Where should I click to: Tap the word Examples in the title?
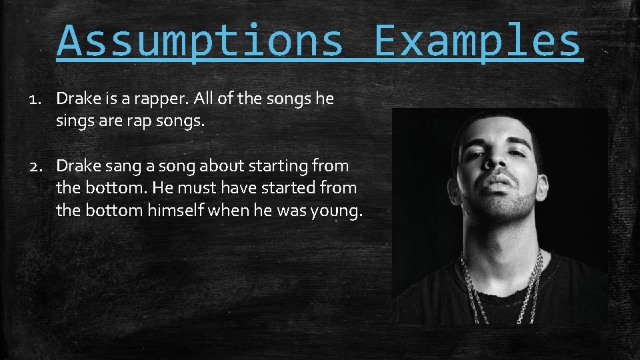pos(478,41)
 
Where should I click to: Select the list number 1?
pos(35,99)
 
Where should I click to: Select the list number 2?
pos(35,165)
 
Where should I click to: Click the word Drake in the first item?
pos(77,99)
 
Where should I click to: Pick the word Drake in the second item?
pos(77,165)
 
